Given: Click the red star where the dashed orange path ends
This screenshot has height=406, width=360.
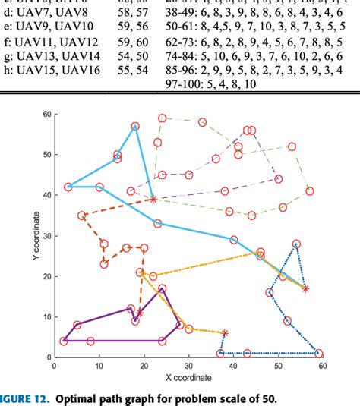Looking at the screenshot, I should pyautogui.click(x=153, y=199).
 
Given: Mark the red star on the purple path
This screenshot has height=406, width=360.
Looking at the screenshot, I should pyautogui.click(x=140, y=313).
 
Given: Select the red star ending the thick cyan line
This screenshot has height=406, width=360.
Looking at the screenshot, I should pyautogui.click(x=305, y=288).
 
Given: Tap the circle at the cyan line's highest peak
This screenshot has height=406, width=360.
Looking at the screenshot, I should pyautogui.click(x=135, y=127).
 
